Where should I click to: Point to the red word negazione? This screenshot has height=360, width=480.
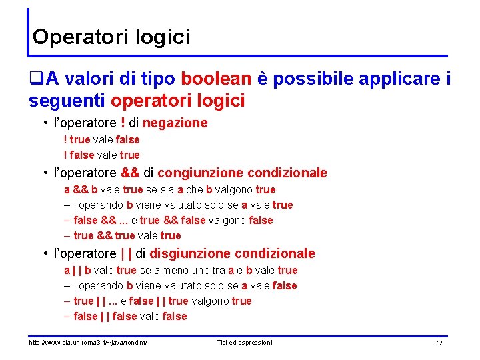(x=175, y=123)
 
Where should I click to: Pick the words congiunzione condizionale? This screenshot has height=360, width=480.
(x=242, y=173)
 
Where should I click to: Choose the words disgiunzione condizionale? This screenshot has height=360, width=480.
(x=232, y=254)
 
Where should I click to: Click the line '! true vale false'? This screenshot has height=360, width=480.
(x=101, y=140)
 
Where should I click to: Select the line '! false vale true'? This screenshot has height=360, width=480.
(x=101, y=155)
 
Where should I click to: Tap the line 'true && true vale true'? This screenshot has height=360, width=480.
(x=127, y=236)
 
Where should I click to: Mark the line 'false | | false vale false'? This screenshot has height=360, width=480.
(x=130, y=317)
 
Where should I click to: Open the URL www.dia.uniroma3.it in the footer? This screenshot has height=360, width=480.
(x=87, y=343)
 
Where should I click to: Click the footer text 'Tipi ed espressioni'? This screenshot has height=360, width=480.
(x=245, y=343)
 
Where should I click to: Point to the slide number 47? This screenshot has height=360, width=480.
(x=439, y=343)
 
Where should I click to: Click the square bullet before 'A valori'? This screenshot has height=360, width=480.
(x=36, y=80)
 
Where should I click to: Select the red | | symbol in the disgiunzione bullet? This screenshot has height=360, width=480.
(x=125, y=254)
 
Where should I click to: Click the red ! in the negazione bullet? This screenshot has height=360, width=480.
(x=124, y=123)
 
